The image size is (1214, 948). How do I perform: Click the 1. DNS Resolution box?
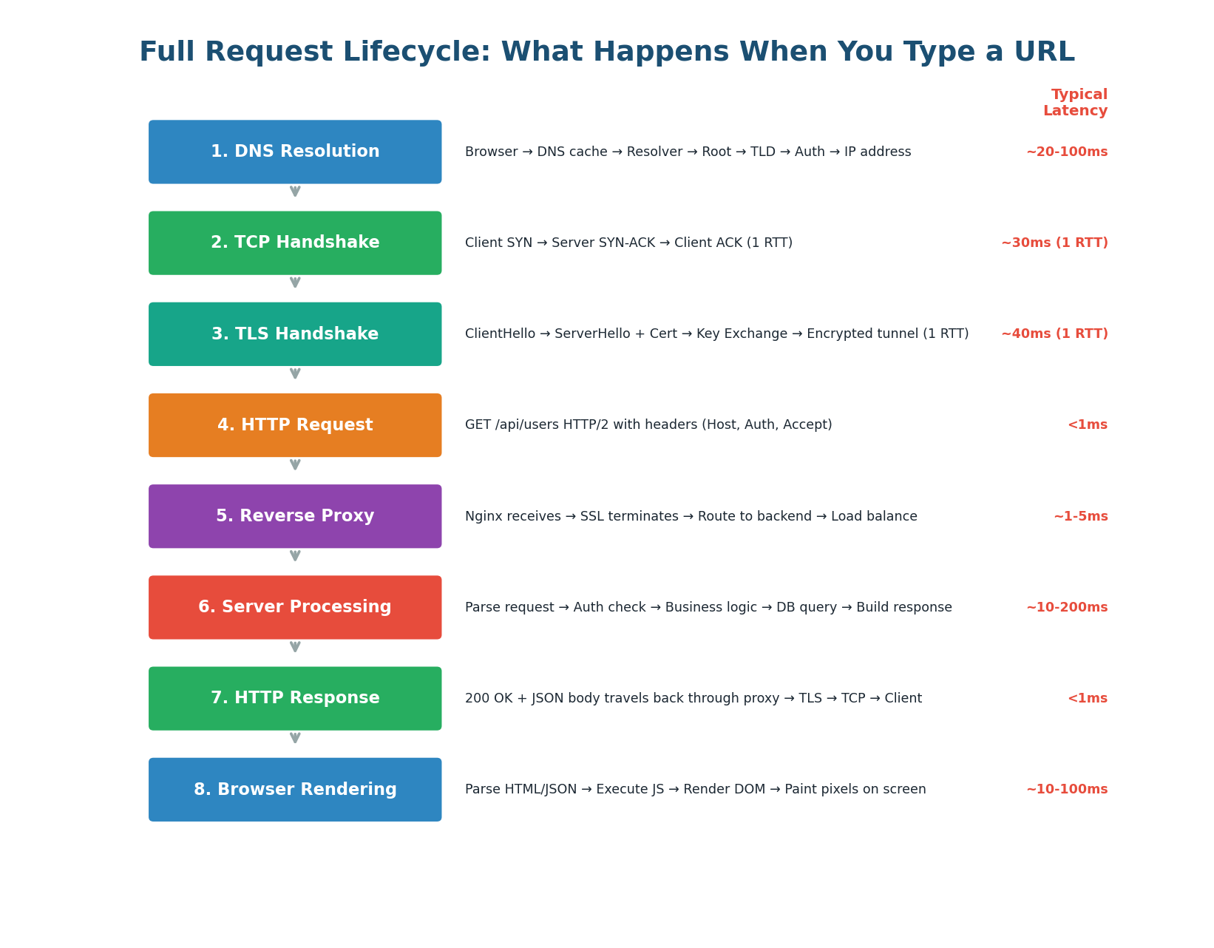pyautogui.click(x=295, y=152)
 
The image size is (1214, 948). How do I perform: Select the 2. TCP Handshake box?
pyautogui.click(x=295, y=243)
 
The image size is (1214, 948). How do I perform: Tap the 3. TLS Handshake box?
pyautogui.click(x=295, y=334)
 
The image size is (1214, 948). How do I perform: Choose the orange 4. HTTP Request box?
pyautogui.click(x=295, y=425)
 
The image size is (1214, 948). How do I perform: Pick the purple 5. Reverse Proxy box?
pyautogui.click(x=295, y=516)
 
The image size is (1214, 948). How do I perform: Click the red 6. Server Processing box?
pyautogui.click(x=295, y=607)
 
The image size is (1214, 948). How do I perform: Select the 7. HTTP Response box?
pyautogui.click(x=295, y=698)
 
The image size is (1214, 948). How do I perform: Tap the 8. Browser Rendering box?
pyautogui.click(x=295, y=789)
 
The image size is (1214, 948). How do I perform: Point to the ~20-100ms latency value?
pyautogui.click(x=1066, y=152)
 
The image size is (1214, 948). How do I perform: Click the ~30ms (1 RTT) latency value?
pyautogui.click(x=1054, y=243)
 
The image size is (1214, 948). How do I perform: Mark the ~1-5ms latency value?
pyautogui.click(x=1080, y=517)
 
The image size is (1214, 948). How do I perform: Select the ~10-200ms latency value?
pyautogui.click(x=1066, y=608)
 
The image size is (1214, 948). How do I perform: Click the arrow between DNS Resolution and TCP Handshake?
pyautogui.click(x=295, y=192)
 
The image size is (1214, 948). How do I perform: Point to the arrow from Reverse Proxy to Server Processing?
pyautogui.click(x=295, y=556)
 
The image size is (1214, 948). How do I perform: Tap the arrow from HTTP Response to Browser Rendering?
pyautogui.click(x=295, y=738)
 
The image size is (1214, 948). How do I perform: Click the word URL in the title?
pyautogui.click(x=1045, y=53)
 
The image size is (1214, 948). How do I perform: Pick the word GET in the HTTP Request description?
pyautogui.click(x=477, y=425)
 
